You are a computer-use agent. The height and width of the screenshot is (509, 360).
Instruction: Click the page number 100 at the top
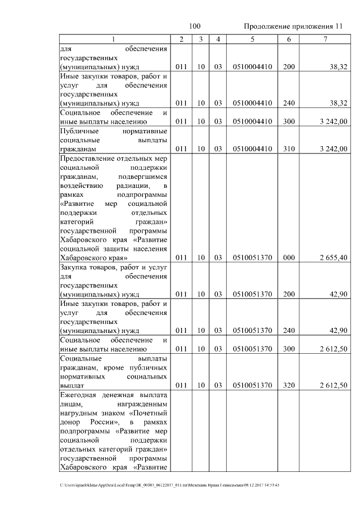195,26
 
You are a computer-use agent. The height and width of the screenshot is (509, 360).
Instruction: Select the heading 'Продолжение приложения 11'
292,26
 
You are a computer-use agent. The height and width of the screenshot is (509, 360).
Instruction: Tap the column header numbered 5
252,39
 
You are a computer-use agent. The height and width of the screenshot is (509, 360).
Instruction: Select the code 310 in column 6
289,148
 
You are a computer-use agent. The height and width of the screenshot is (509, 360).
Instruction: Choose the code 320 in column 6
289,385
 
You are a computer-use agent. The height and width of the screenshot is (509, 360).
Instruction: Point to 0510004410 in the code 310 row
252,148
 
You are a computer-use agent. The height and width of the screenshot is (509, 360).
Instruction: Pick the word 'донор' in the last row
70,422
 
